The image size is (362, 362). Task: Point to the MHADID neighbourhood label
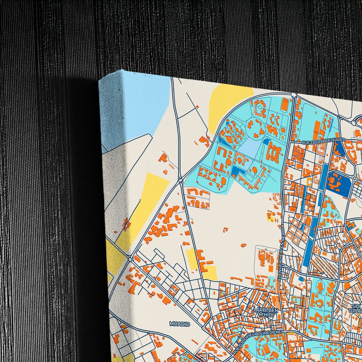click(180, 324)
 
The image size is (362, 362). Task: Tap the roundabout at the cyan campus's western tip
click(181, 179)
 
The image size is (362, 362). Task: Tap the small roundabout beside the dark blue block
click(355, 178)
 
